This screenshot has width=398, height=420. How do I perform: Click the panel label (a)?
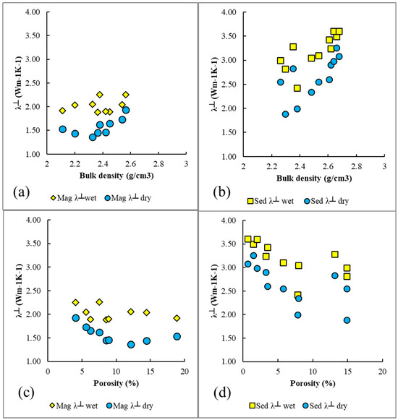pos(21,192)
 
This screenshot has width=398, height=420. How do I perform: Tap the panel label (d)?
pos(222,393)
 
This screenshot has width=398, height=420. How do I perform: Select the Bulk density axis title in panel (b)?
pos(314,178)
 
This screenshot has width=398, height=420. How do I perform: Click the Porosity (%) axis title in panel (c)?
pos(116,383)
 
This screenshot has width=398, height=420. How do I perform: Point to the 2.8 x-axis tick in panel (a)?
pos(158,163)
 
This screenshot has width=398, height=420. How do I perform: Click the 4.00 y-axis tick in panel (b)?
pos(228,12)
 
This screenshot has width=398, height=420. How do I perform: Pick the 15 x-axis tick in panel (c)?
pos(151,372)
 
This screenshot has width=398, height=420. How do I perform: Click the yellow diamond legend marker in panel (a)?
pos(53,198)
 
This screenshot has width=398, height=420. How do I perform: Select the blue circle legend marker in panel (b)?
pos(307,201)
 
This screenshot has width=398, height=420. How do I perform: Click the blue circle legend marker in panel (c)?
pos(109,406)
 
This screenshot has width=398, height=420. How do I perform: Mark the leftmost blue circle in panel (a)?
pos(62,129)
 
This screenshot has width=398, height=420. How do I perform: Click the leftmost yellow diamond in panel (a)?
pos(62,111)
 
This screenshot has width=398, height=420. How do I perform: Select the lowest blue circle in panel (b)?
pos(285,114)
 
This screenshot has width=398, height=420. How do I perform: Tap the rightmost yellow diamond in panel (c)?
pos(177,318)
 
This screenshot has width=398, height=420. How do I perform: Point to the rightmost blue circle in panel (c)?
pos(177,336)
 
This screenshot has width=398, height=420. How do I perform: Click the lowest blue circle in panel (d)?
pos(347,320)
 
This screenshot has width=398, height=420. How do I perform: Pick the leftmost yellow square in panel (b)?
pos(281,61)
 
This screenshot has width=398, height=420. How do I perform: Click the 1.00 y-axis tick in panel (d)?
pos(228,361)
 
